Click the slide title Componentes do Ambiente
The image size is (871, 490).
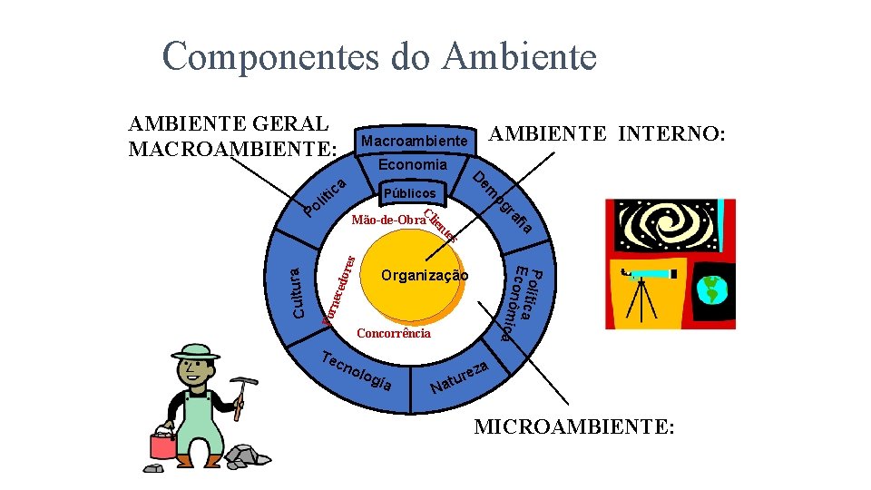pyautogui.click(x=379, y=56)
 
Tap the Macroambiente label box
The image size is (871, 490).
pyautogui.click(x=415, y=141)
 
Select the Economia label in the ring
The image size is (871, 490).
pyautogui.click(x=413, y=165)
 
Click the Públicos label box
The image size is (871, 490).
pyautogui.click(x=409, y=193)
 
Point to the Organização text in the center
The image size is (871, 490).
pyautogui.click(x=425, y=275)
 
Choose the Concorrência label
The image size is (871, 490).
pyautogui.click(x=394, y=333)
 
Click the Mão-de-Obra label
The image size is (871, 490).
pyautogui.click(x=387, y=220)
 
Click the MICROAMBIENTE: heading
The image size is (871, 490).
pyautogui.click(x=574, y=426)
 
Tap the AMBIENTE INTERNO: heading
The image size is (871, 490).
pyautogui.click(x=607, y=134)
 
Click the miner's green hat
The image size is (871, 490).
pyautogui.click(x=195, y=351)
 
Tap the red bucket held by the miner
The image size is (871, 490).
pyautogui.click(x=163, y=445)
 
